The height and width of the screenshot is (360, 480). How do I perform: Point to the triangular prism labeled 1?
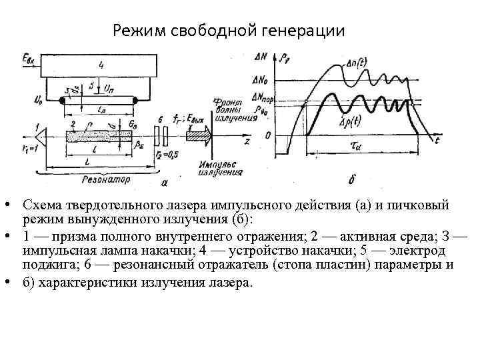click(42, 136)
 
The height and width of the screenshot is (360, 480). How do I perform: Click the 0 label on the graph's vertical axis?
click(267, 136)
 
